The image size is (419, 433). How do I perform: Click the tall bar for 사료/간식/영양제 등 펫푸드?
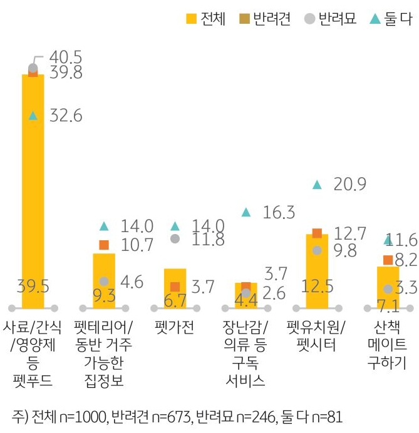point(33,188)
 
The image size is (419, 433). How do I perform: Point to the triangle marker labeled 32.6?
point(33,116)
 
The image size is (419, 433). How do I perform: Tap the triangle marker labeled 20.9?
point(317,185)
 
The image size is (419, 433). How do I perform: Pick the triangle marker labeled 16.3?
point(246,213)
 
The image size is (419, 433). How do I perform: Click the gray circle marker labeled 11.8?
point(175,238)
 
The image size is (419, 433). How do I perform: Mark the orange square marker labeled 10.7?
point(104,245)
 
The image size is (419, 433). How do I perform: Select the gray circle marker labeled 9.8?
point(317,250)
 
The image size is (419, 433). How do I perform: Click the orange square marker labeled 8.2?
point(388,260)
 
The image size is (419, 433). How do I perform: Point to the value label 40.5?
point(65,58)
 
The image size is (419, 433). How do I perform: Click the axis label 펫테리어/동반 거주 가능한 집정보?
point(104,353)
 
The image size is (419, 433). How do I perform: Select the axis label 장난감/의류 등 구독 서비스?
point(246,353)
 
